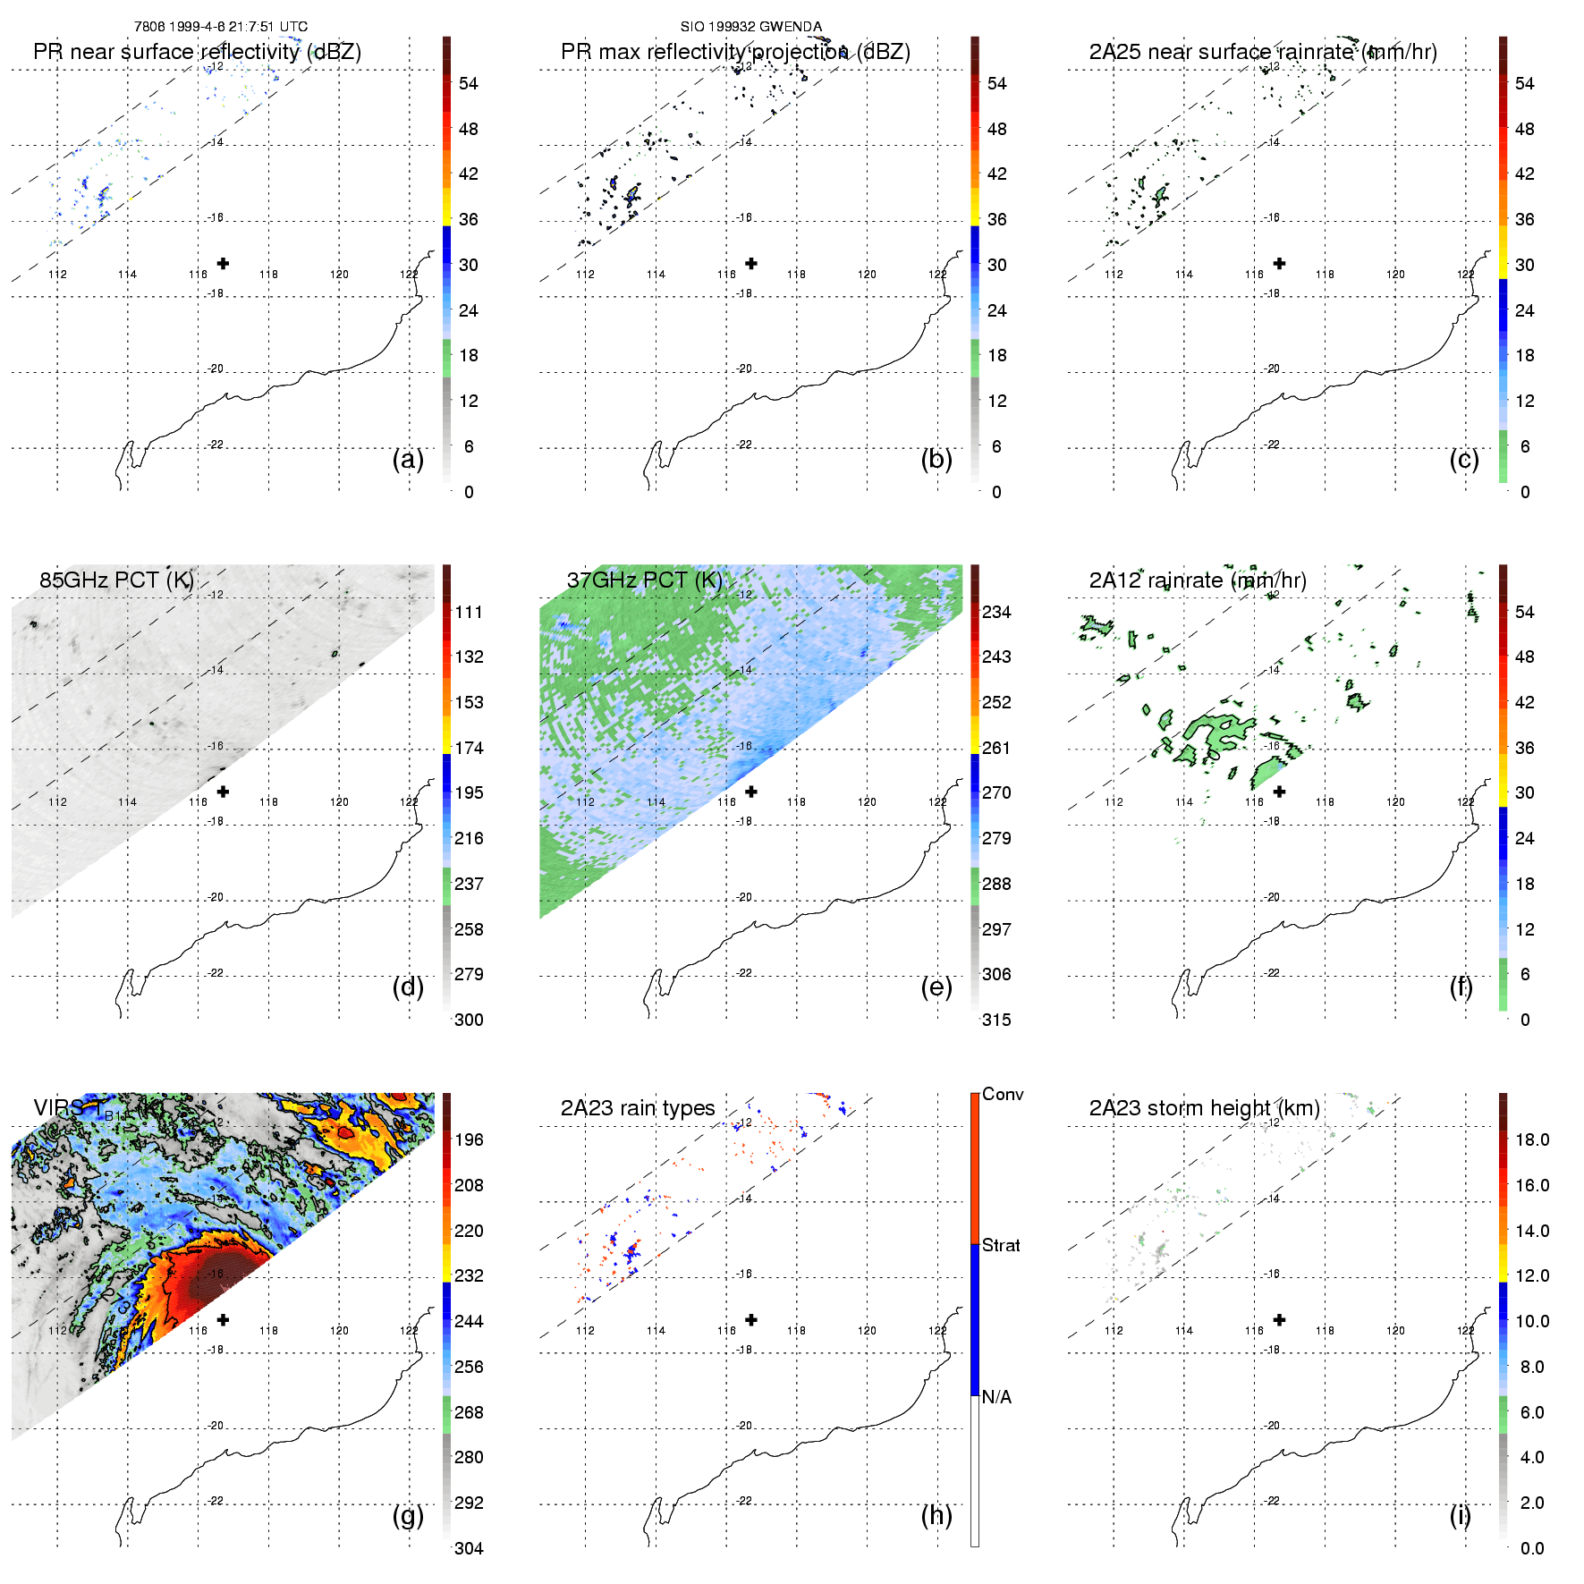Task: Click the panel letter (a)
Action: point(407,459)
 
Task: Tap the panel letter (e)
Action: point(936,987)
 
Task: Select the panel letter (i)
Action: point(1460,1515)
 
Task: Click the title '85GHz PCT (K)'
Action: point(116,580)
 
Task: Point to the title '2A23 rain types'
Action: point(637,1108)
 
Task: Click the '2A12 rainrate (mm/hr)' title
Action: point(1197,580)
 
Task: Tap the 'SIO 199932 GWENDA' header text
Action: point(750,27)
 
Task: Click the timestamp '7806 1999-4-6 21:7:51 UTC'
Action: point(220,27)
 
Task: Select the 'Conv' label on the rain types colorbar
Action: point(1002,1094)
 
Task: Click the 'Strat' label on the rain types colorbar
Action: point(1000,1245)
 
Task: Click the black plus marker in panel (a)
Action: point(223,263)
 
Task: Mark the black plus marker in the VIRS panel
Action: point(223,1319)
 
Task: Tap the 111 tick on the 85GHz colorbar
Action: point(468,612)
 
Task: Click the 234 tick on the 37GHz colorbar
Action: point(995,612)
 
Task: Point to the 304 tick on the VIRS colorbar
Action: point(468,1548)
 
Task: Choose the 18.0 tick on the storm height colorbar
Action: point(1531,1139)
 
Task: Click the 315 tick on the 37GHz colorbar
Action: point(995,1020)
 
